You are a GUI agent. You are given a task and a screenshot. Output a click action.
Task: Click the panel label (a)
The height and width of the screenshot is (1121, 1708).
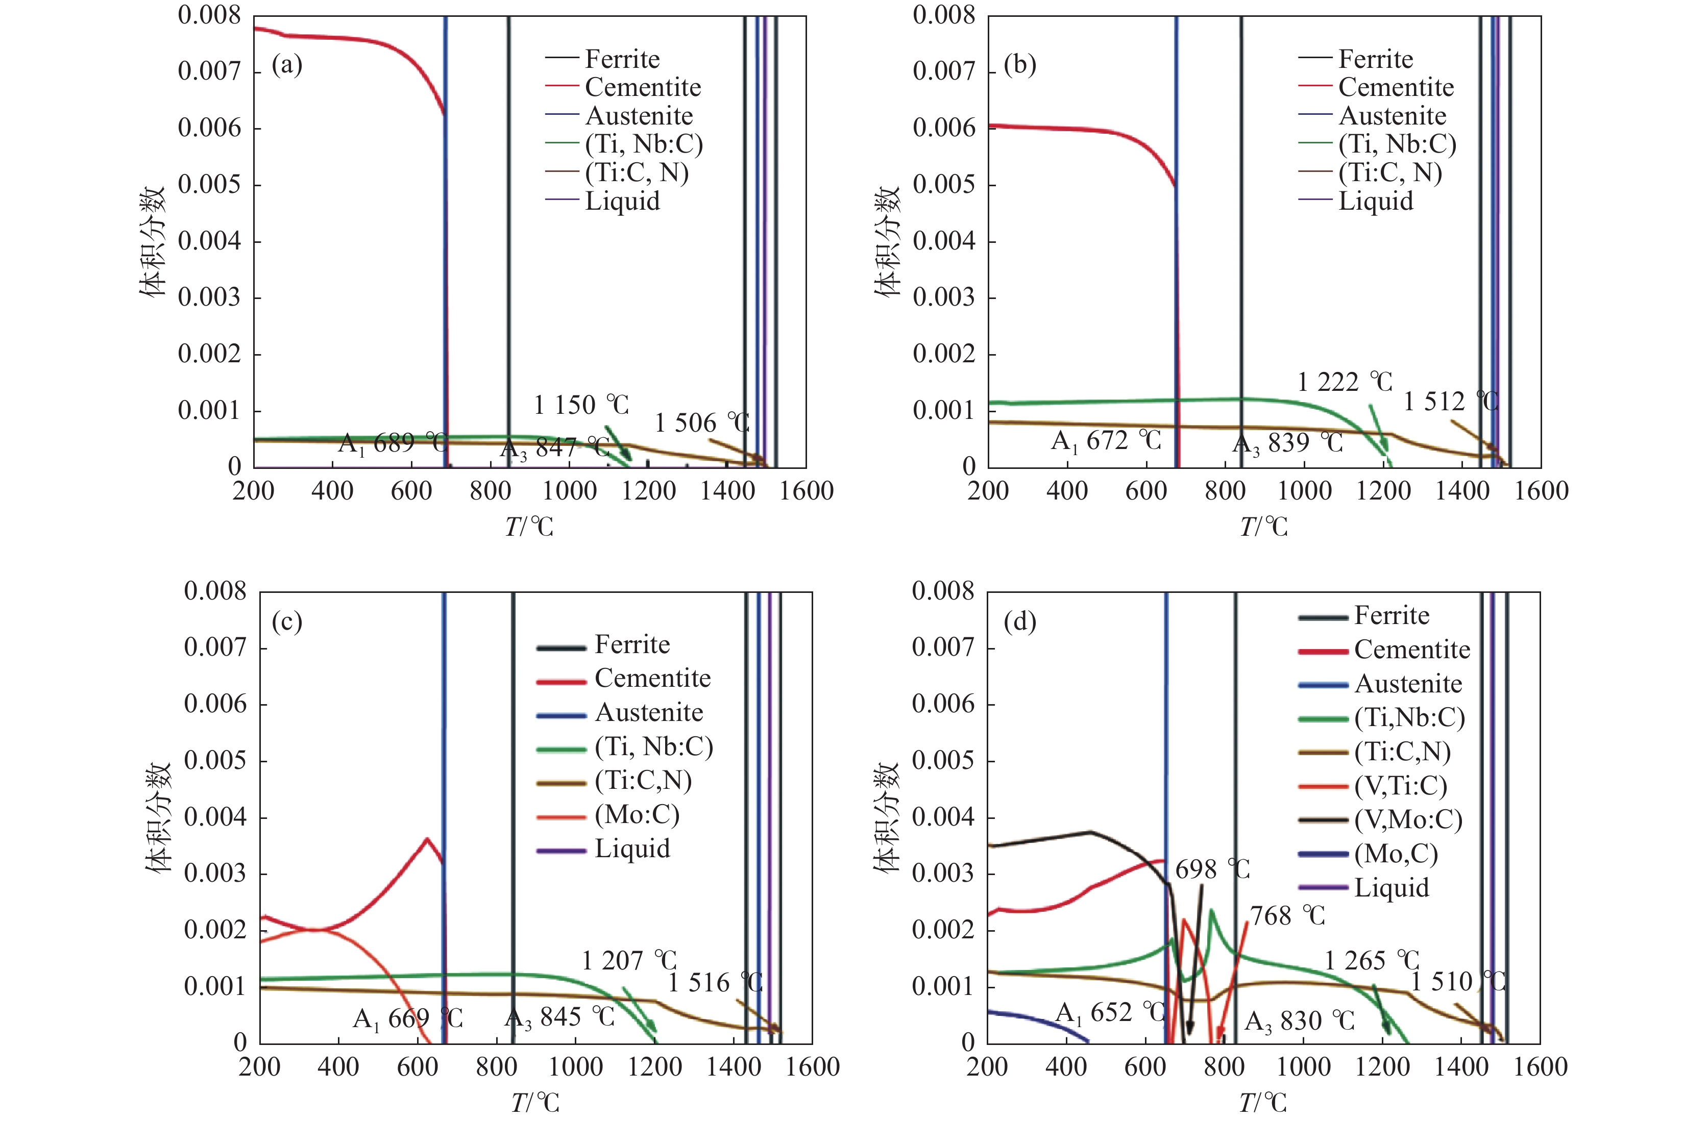tap(287, 65)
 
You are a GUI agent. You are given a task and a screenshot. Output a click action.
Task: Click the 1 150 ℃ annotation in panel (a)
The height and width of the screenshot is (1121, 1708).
tap(581, 405)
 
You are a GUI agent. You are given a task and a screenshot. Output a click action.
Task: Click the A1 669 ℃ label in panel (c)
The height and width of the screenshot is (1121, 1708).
tap(408, 1018)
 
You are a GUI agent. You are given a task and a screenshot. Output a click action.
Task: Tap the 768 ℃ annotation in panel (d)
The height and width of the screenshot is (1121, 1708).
tap(1287, 916)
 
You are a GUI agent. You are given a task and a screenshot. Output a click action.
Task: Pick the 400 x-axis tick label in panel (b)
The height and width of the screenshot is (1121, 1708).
tap(1067, 491)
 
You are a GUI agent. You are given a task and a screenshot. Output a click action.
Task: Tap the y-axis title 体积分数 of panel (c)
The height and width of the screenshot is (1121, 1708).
tap(159, 817)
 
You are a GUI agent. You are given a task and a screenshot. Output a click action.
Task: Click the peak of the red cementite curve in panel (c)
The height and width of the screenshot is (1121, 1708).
tap(427, 838)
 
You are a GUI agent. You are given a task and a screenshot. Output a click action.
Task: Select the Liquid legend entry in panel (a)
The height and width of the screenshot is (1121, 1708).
tap(621, 202)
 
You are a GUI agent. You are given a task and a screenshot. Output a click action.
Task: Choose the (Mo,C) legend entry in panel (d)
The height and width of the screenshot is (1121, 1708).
tap(1395, 854)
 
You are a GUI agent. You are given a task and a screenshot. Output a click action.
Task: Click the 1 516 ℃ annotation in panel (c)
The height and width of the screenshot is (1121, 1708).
tap(715, 983)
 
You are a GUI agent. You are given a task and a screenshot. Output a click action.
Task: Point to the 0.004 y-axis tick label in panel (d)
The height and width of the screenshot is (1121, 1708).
tap(943, 817)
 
